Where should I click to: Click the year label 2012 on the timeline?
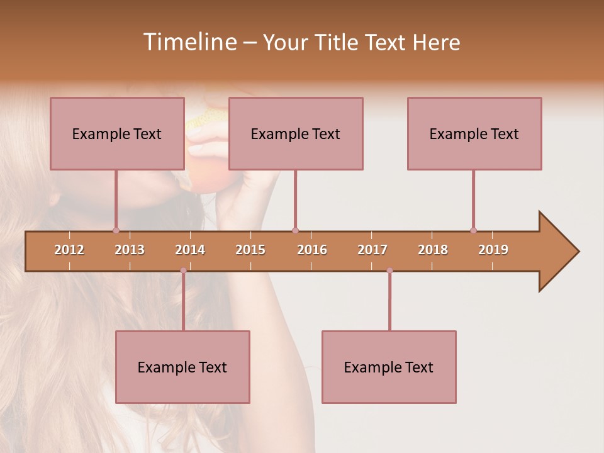click(x=69, y=250)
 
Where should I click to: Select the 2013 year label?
click(x=130, y=250)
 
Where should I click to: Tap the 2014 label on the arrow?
click(x=190, y=250)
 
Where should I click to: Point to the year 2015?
click(x=250, y=250)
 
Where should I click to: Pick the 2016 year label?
click(x=312, y=250)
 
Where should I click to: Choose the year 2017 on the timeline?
click(x=372, y=250)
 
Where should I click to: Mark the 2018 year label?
click(x=433, y=250)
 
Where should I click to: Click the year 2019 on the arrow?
click(x=493, y=250)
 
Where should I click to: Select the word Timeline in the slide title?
click(x=188, y=42)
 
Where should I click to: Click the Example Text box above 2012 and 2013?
click(x=117, y=133)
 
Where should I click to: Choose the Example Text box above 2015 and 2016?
click(x=296, y=133)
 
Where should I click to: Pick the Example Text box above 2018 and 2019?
click(x=474, y=133)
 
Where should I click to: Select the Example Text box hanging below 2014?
click(x=182, y=367)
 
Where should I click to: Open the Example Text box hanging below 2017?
click(x=389, y=367)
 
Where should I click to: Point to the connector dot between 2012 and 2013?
click(x=116, y=230)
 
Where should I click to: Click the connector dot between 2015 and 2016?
click(x=295, y=230)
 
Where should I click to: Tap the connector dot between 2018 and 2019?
click(x=473, y=230)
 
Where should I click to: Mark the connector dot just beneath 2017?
click(x=389, y=271)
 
